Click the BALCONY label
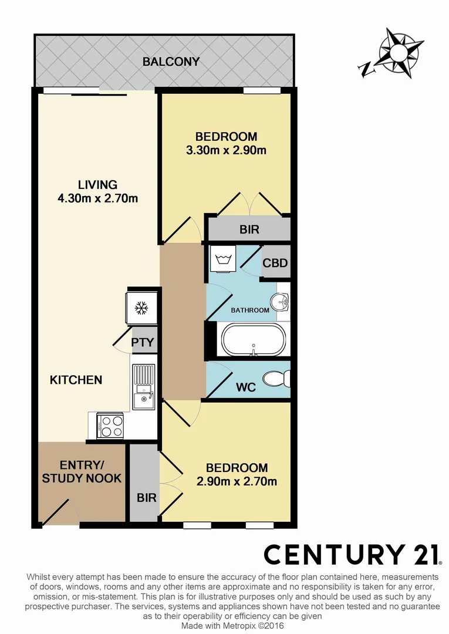(171, 62)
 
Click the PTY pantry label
(143, 342)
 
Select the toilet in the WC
(275, 379)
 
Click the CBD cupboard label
(275, 262)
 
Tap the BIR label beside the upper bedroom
(249, 229)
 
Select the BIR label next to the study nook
(147, 498)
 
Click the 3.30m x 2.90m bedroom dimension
(226, 150)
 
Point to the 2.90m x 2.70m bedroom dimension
(237, 482)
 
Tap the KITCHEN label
(76, 380)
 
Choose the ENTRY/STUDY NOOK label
(82, 471)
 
